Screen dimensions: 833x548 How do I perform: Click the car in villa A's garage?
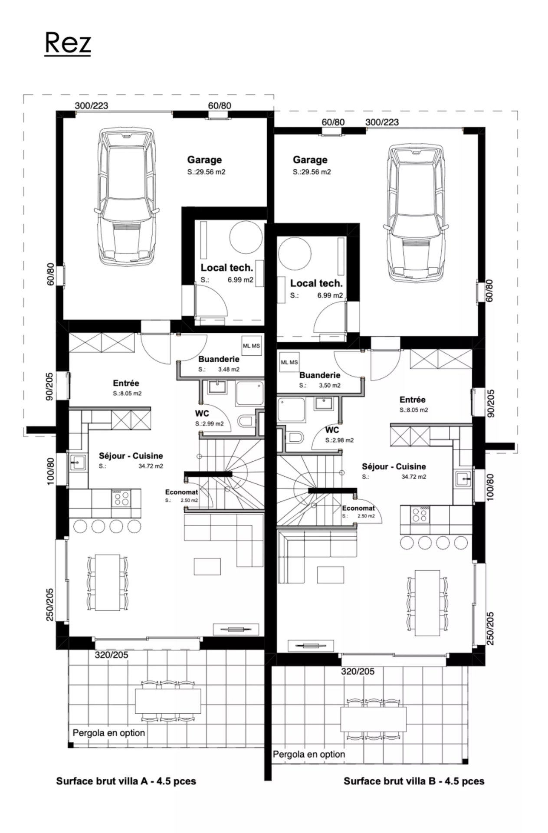click(x=125, y=196)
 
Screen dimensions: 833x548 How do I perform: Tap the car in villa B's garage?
click(x=415, y=212)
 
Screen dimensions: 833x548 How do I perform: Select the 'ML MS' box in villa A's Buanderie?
click(x=251, y=346)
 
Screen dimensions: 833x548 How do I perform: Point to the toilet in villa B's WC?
click(x=295, y=437)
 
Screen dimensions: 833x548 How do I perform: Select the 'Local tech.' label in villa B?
click(x=316, y=283)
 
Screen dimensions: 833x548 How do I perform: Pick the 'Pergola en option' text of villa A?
click(x=108, y=733)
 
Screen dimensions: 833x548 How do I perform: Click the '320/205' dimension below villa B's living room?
click(x=357, y=672)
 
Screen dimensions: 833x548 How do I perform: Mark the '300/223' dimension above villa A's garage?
click(x=91, y=105)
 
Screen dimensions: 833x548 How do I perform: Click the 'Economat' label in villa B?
click(x=358, y=508)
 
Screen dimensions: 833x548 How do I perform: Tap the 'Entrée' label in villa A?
click(x=126, y=383)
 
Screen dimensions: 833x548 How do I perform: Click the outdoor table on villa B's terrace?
click(x=373, y=719)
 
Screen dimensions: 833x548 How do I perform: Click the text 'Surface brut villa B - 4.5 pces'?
click(x=413, y=781)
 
